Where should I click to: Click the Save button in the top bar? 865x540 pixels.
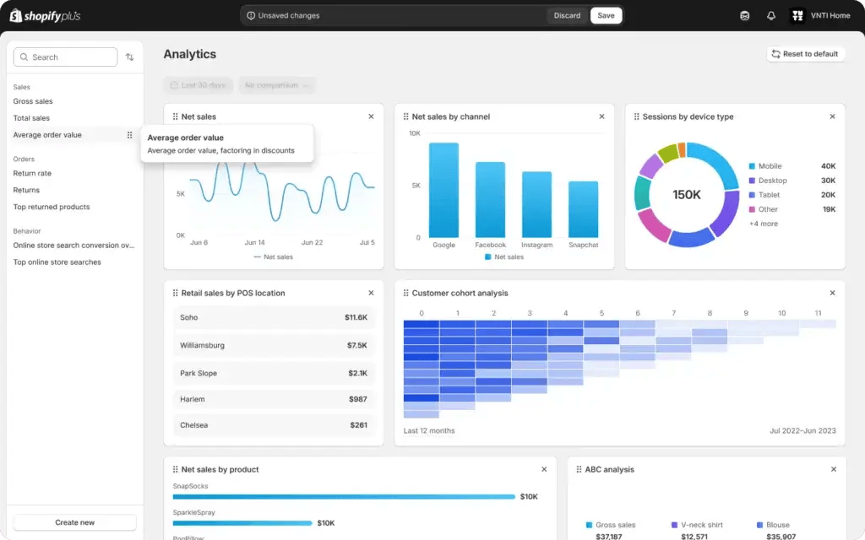click(x=606, y=15)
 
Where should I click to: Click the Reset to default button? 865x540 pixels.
click(x=805, y=54)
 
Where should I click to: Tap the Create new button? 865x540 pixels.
click(x=74, y=522)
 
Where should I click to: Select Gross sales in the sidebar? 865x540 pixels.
click(x=33, y=101)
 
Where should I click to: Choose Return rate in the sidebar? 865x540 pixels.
click(x=32, y=173)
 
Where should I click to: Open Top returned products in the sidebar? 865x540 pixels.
click(x=51, y=207)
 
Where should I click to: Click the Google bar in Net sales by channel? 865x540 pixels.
click(x=443, y=190)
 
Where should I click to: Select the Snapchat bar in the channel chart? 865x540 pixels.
click(x=583, y=209)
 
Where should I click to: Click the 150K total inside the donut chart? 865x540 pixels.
click(x=687, y=194)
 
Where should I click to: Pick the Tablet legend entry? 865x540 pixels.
click(x=769, y=195)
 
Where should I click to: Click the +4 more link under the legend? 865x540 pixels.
click(x=764, y=224)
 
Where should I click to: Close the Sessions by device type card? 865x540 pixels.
click(x=832, y=116)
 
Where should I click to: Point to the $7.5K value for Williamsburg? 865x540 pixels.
click(x=356, y=345)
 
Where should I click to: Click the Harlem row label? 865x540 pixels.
click(x=193, y=399)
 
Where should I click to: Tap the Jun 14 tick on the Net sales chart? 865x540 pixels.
click(x=253, y=242)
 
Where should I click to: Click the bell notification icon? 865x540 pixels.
click(x=770, y=15)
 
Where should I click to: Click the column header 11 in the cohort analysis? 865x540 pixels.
click(x=817, y=313)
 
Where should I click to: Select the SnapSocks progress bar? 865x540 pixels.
click(x=343, y=497)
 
